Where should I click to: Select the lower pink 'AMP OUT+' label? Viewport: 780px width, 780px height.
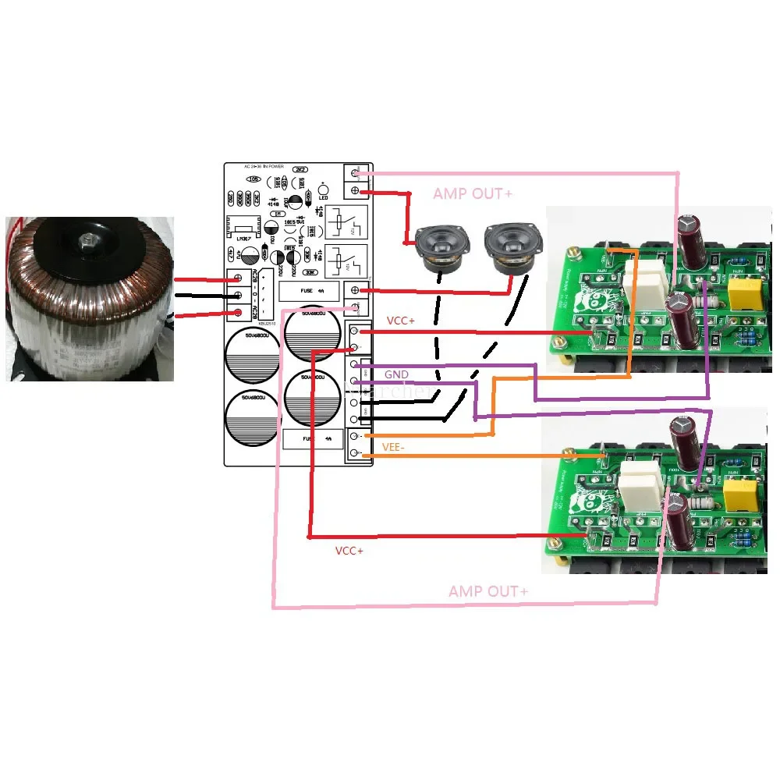[x=488, y=592]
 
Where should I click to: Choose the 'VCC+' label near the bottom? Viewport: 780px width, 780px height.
[x=349, y=551]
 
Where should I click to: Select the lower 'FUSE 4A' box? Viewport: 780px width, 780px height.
[x=317, y=439]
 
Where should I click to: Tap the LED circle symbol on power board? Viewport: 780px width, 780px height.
[x=322, y=187]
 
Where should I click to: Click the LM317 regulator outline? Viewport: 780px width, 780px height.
[x=241, y=227]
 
